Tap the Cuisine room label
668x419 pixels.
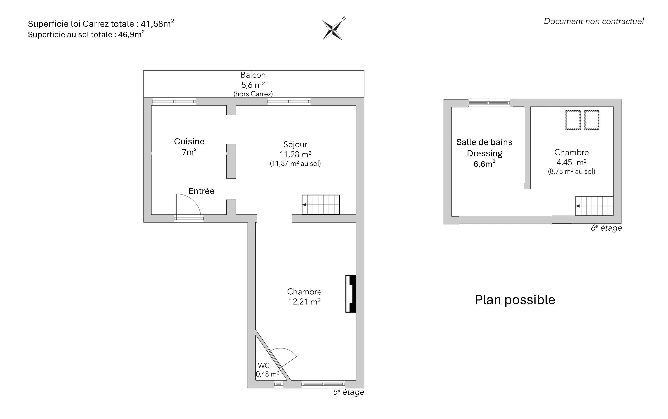tap(189, 141)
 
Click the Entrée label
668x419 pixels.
tap(201, 191)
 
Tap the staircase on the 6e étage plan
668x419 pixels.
tap(594, 206)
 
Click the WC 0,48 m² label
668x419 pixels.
tap(267, 370)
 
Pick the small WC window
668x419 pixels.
tap(279, 384)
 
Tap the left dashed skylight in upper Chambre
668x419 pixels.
tap(573, 120)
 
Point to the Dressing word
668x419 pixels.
tap(484, 153)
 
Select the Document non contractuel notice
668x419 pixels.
tap(594, 21)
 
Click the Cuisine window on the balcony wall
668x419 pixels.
tap(174, 101)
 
